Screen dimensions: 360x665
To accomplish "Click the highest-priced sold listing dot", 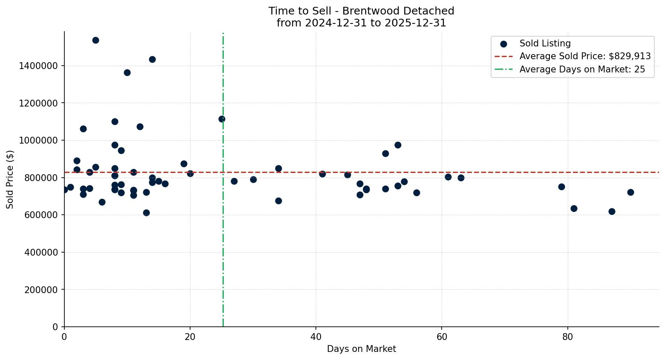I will (95, 40).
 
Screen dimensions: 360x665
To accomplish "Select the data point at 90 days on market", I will (630, 193).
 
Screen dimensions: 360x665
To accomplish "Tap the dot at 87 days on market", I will (612, 212).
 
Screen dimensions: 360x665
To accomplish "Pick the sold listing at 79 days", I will (561, 187).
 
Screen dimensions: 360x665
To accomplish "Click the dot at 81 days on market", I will (574, 209).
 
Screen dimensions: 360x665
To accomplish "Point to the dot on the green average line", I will (222, 119).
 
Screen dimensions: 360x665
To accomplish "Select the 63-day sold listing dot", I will (461, 178).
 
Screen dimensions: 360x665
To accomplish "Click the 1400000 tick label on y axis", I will (38, 66).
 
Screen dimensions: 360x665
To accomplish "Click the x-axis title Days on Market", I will (361, 349).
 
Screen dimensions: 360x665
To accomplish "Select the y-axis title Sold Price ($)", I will (10, 179).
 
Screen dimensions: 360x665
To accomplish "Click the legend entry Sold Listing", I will (545, 44).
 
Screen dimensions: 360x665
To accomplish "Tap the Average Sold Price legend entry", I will (584, 57).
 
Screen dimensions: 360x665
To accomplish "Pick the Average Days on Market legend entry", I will (582, 70).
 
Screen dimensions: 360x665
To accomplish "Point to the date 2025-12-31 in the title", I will (415, 23).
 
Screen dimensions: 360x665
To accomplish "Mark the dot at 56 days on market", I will (416, 193).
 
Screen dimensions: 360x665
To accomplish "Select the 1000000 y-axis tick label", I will (38, 141).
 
